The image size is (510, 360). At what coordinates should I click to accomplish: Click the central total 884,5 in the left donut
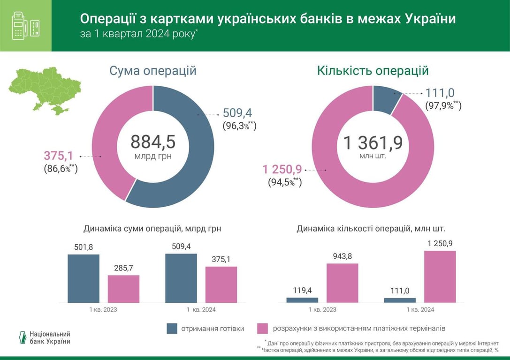[153, 142]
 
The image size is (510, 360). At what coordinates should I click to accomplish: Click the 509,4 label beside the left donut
[237, 113]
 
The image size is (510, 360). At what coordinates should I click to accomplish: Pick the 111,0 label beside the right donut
[440, 93]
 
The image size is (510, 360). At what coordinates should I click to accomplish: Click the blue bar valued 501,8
[84, 278]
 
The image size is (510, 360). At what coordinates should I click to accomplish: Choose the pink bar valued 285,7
[123, 289]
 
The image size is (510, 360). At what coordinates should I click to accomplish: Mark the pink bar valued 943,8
[342, 283]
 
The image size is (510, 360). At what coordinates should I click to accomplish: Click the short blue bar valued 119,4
[302, 300]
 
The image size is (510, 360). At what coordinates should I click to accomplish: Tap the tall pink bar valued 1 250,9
[440, 277]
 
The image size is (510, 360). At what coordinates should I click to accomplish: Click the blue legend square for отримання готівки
[172, 328]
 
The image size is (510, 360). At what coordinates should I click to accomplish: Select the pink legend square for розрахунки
[263, 328]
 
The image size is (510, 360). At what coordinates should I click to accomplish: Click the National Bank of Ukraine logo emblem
[22, 337]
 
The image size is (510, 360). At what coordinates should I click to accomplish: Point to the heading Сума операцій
[153, 71]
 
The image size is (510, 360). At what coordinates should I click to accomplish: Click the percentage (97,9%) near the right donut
[443, 105]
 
